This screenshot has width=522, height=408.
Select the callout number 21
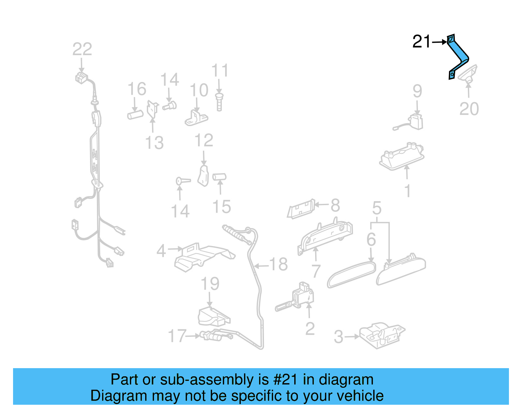point(422,42)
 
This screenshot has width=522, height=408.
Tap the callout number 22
point(82,49)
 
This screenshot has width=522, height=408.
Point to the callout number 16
point(137,89)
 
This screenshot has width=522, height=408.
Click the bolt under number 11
point(219,102)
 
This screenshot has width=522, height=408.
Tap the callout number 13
point(154,143)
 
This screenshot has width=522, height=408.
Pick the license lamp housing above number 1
point(402,156)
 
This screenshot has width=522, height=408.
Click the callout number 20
point(469,109)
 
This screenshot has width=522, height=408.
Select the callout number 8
point(335,205)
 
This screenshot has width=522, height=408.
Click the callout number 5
point(377,208)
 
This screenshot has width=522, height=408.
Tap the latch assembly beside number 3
point(382,335)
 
